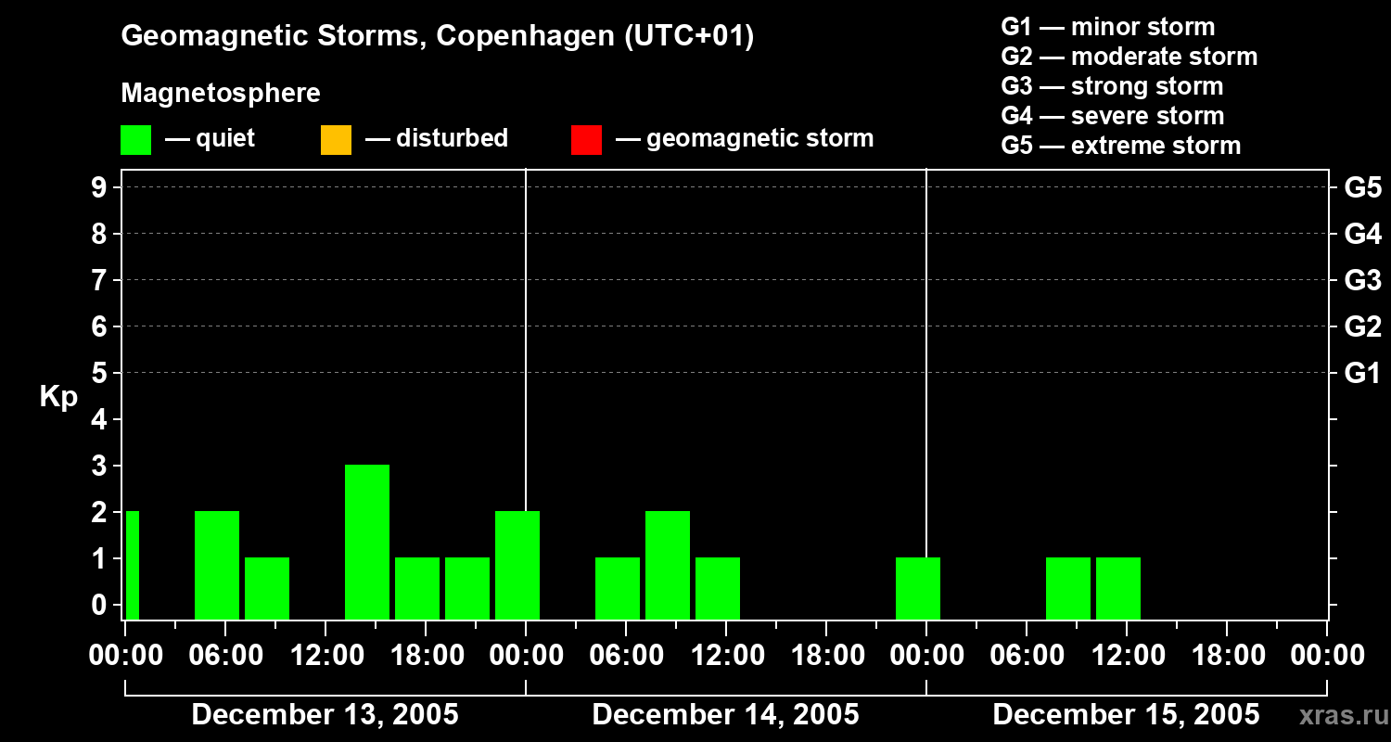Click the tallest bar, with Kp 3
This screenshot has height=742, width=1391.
(367, 542)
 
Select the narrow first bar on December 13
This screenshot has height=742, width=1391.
(132, 565)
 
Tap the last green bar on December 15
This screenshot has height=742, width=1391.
(1118, 588)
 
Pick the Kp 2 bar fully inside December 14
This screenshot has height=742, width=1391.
(668, 565)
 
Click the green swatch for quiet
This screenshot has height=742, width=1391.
(135, 140)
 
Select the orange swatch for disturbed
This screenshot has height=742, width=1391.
(336, 140)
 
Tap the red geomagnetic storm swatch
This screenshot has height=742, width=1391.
(586, 140)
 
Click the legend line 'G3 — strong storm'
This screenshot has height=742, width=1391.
(1112, 86)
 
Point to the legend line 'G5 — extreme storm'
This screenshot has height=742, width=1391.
(1120, 146)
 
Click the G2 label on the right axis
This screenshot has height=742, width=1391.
(1362, 326)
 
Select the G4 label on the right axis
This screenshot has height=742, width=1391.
(1362, 234)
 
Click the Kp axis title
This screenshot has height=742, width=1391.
(58, 397)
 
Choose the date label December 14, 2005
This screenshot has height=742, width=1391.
(725, 715)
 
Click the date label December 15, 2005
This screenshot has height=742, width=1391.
(1126, 715)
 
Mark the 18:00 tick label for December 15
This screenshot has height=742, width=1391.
(1226, 656)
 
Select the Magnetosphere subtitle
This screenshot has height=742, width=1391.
(221, 94)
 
